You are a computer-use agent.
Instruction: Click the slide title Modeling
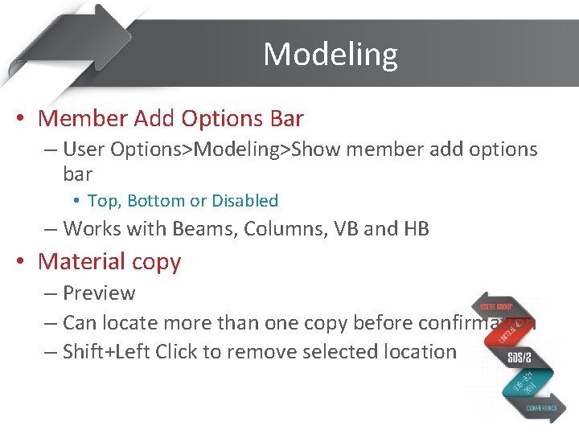click(x=330, y=55)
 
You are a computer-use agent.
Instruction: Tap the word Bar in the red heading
click(x=286, y=119)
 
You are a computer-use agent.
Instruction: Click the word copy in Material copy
click(x=158, y=262)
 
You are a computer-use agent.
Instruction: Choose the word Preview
click(x=99, y=293)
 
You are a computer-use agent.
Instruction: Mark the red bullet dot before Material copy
click(x=21, y=262)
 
